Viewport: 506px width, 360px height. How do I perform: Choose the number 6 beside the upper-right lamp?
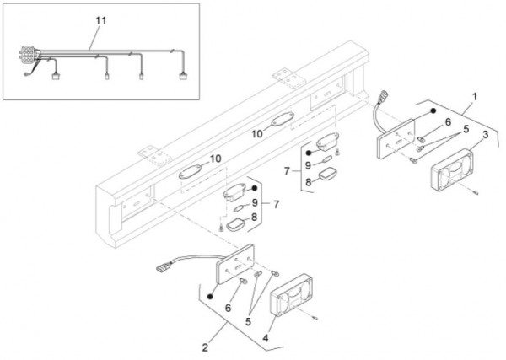coord(448,123)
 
